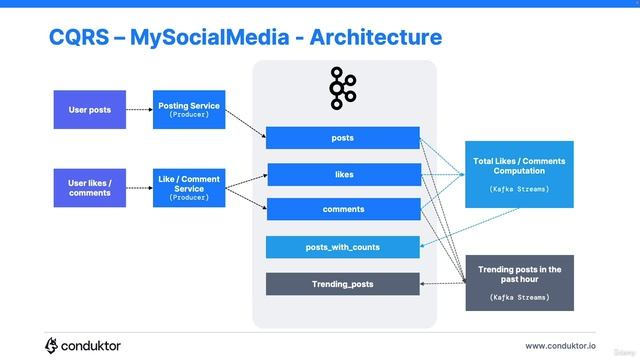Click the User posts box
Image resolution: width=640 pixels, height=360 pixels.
click(x=90, y=109)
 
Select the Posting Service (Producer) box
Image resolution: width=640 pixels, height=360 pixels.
click(x=189, y=109)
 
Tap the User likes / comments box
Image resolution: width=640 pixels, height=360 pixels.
click(x=90, y=187)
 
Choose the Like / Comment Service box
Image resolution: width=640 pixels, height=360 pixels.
click(x=189, y=187)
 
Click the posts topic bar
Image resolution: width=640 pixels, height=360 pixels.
click(x=342, y=138)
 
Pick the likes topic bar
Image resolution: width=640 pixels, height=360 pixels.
click(x=343, y=175)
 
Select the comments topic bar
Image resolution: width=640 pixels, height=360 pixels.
click(x=343, y=209)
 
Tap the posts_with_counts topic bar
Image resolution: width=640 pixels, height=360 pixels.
click(x=343, y=247)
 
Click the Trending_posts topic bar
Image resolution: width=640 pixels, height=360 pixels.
click(x=343, y=284)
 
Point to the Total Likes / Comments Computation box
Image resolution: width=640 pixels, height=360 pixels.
click(x=519, y=174)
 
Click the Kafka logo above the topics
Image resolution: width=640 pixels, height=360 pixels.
click(x=343, y=88)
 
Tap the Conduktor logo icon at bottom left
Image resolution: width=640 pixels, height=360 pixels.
click(x=52, y=345)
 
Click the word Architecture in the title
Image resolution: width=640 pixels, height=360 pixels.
click(x=376, y=38)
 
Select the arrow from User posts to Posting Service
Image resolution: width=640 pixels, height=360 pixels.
click(x=139, y=109)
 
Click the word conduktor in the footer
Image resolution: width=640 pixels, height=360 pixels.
click(x=92, y=346)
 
